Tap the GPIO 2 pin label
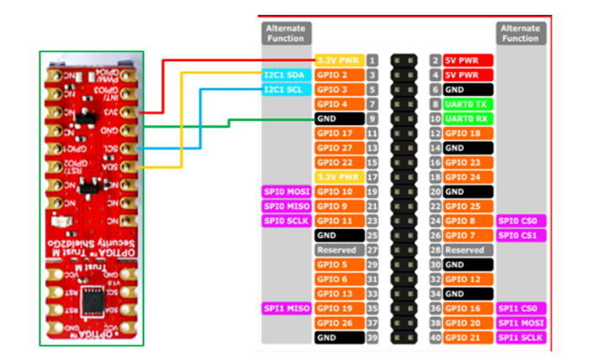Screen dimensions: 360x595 pyautogui.click(x=339, y=75)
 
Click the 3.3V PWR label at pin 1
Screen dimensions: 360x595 pyautogui.click(x=339, y=60)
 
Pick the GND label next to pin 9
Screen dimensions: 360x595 pyautogui.click(x=339, y=118)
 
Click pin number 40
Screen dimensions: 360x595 pyautogui.click(x=436, y=337)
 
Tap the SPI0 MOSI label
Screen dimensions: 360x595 pyautogui.click(x=286, y=191)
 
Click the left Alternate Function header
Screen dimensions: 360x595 pyautogui.click(x=285, y=33)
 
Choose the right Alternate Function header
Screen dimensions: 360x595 pyautogui.click(x=520, y=33)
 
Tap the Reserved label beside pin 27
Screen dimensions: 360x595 pyautogui.click(x=339, y=250)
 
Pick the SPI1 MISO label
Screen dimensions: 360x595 pyautogui.click(x=286, y=308)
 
